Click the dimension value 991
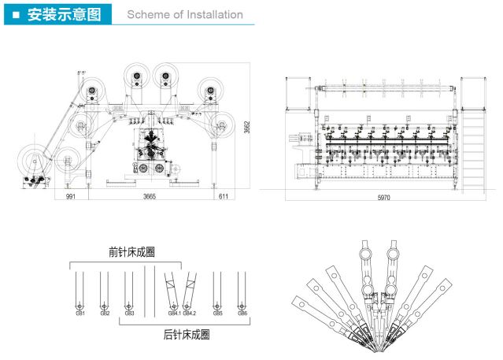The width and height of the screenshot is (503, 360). pos(70,196)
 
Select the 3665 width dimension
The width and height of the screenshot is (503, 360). pos(147,196)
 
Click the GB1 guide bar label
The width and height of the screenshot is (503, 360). pos(80,313)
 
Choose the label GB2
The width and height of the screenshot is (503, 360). pos(105,313)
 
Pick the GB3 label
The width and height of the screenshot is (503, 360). pos(129,313)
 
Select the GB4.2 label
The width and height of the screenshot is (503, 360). pos(189,313)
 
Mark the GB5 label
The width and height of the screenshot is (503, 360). pos(218,313)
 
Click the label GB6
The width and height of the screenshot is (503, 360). pos(242,313)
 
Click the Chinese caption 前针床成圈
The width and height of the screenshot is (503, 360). pos(131,253)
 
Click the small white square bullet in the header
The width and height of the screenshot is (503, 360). pos(17,15)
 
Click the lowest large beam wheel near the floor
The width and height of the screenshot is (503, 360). pos(34,158)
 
